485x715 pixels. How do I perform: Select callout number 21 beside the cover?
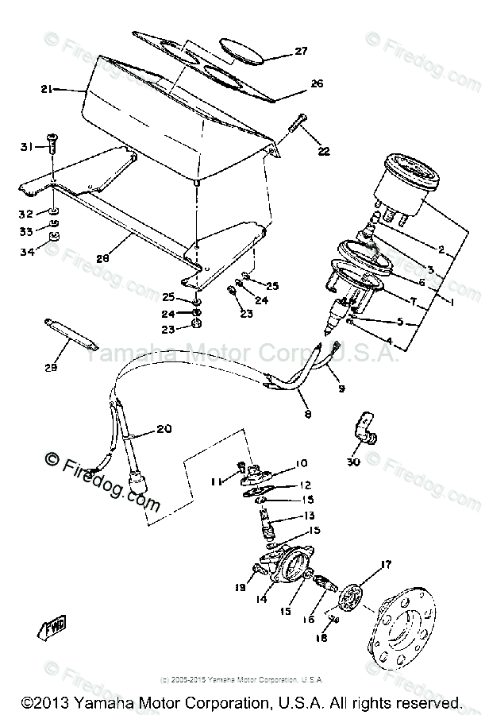click(x=47, y=91)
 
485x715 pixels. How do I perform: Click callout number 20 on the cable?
click(x=164, y=429)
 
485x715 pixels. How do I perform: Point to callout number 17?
click(x=387, y=565)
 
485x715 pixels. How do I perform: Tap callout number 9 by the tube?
click(x=341, y=388)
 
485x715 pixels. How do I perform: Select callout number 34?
click(x=27, y=251)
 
